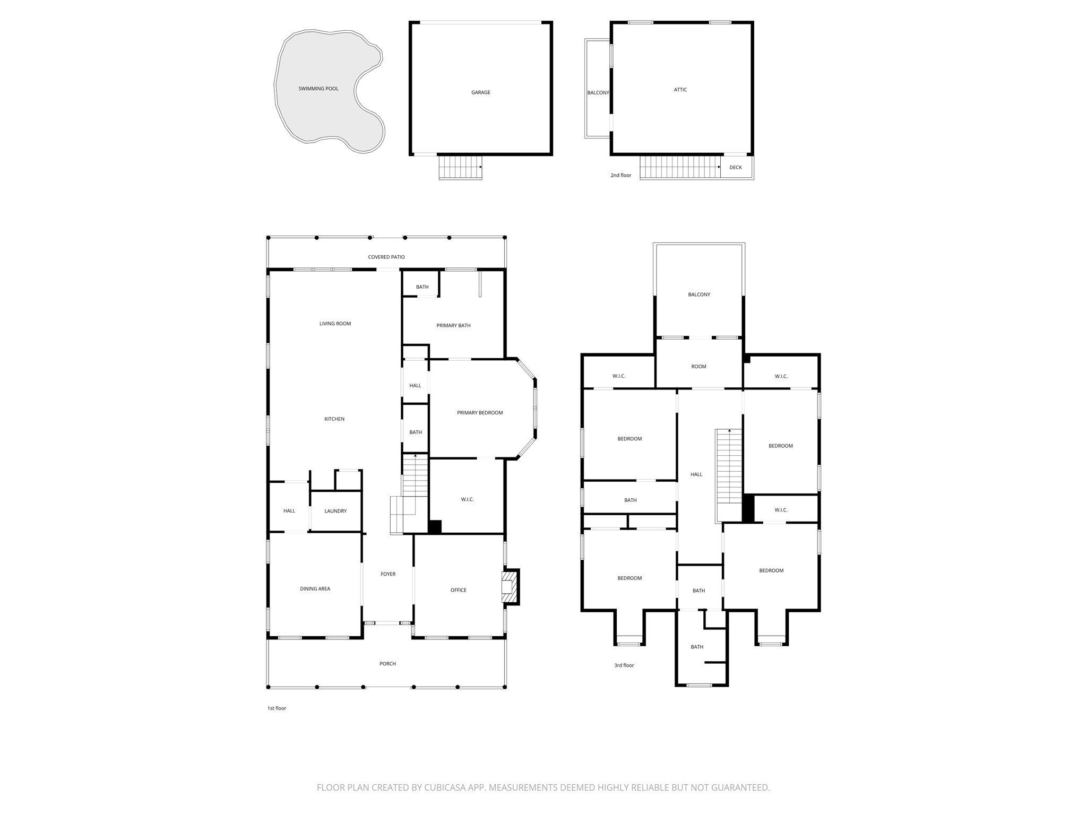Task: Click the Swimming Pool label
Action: [318, 89]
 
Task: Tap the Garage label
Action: [480, 92]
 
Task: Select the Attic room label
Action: [680, 90]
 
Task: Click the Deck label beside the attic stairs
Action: [735, 168]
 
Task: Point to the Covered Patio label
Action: [386, 257]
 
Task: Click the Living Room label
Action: [335, 324]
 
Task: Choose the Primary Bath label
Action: [453, 325]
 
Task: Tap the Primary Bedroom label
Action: [480, 413]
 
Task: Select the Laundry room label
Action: [335, 511]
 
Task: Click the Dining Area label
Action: [315, 588]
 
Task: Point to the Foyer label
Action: [388, 574]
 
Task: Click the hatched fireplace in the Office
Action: [510, 587]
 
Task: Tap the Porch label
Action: [387, 664]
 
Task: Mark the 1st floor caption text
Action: [277, 708]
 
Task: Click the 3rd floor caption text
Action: [624, 665]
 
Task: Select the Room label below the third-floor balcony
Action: [698, 367]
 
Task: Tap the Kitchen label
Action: [334, 419]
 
